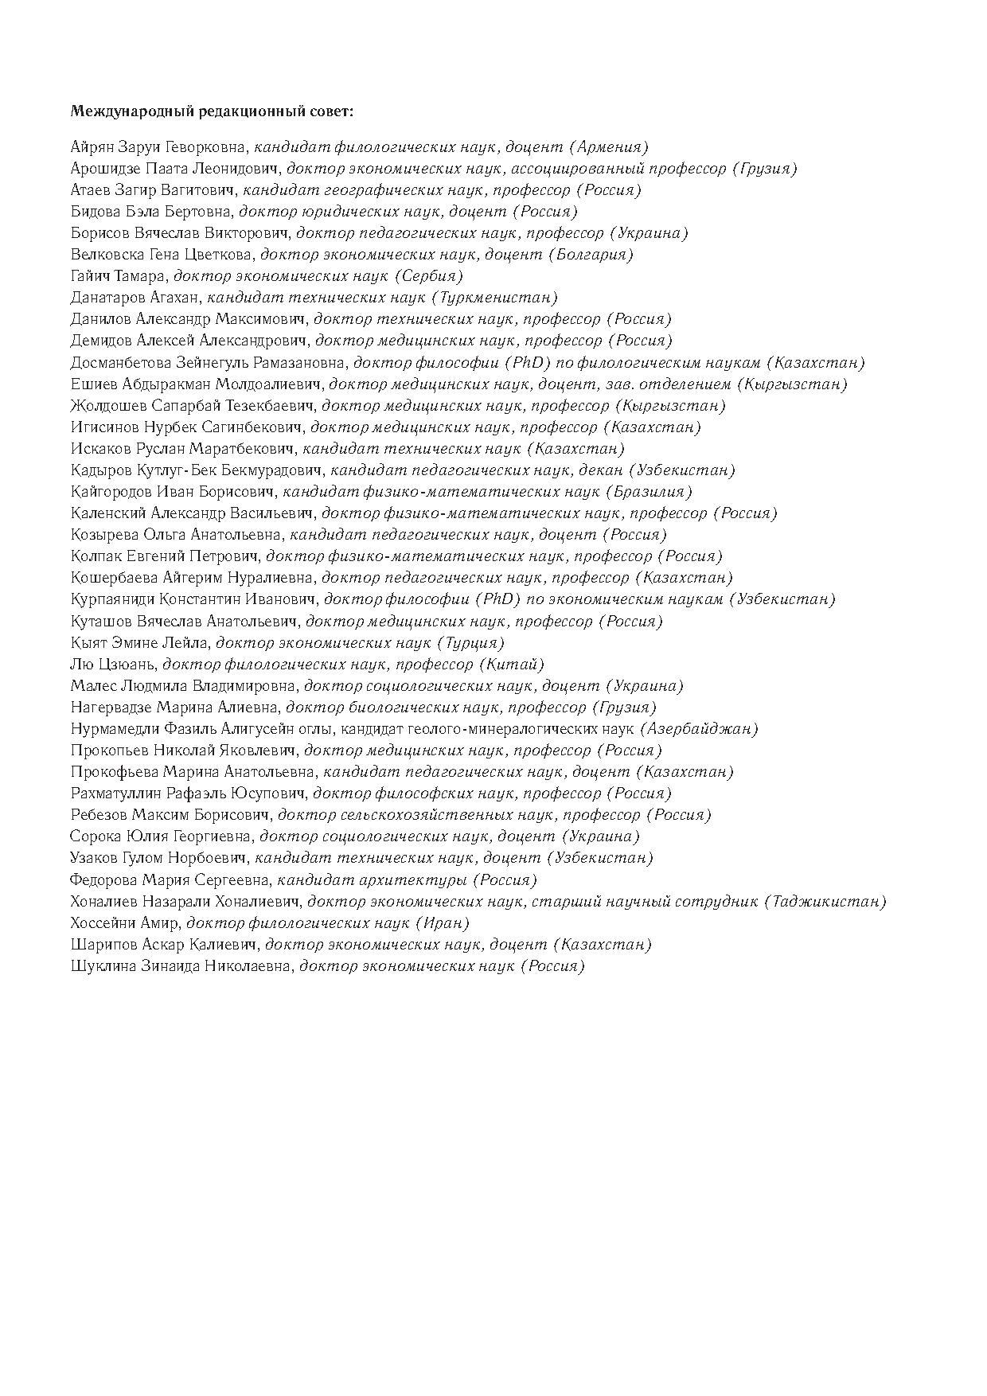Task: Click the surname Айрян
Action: pos(90,147)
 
